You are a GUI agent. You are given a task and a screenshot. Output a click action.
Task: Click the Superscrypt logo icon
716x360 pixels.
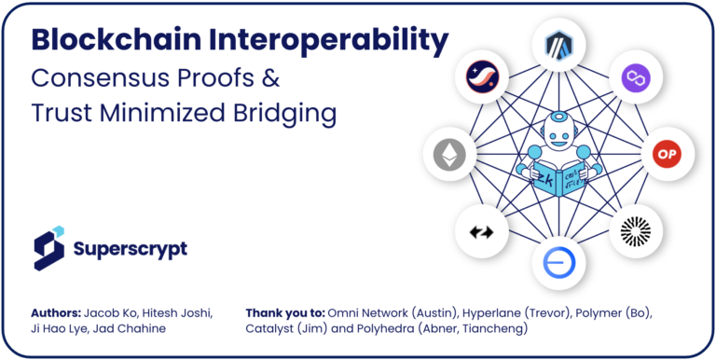49,247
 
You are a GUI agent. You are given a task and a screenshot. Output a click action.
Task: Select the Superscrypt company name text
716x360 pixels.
130,249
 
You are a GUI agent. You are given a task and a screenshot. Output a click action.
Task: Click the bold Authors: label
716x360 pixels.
57,312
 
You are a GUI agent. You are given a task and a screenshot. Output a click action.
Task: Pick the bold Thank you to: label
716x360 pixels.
284,312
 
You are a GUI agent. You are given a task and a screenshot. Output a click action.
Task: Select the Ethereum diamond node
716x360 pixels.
448,153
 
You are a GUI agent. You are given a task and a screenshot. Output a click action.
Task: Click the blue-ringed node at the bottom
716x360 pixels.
557,264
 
